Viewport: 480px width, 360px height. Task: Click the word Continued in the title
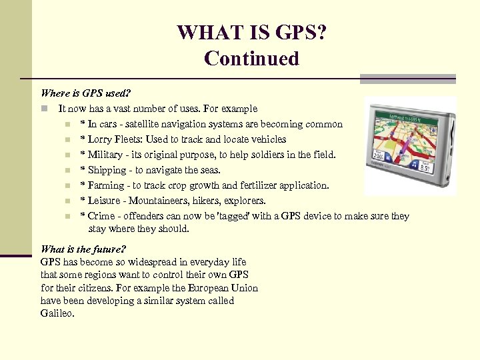tap(252, 59)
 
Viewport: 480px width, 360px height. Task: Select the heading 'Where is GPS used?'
tap(86, 93)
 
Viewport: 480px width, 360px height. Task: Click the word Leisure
tap(105, 201)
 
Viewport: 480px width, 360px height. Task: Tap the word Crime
tap(101, 216)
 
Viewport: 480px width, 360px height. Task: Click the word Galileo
tap(57, 313)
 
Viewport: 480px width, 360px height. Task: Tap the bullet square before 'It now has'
tap(43, 109)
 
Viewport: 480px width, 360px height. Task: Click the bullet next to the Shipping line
tap(67, 170)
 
